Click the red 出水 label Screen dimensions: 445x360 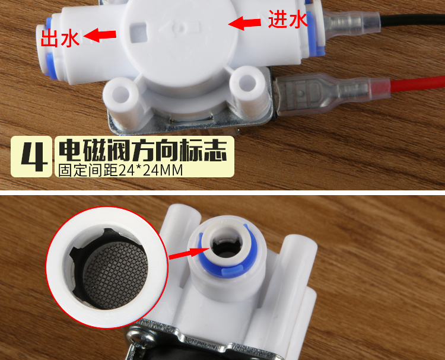(59, 39)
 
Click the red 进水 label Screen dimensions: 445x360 (288, 20)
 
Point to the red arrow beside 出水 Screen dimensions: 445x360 (100, 35)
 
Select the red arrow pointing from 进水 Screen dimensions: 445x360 (244, 23)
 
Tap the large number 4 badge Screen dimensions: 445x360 (31, 157)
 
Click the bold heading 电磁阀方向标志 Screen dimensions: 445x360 (143, 150)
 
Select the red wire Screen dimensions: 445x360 (417, 84)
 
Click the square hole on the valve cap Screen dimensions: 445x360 (138, 33)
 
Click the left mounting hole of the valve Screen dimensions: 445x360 (121, 93)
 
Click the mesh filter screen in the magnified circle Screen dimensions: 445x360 (116, 275)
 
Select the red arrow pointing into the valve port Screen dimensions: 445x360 (189, 253)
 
